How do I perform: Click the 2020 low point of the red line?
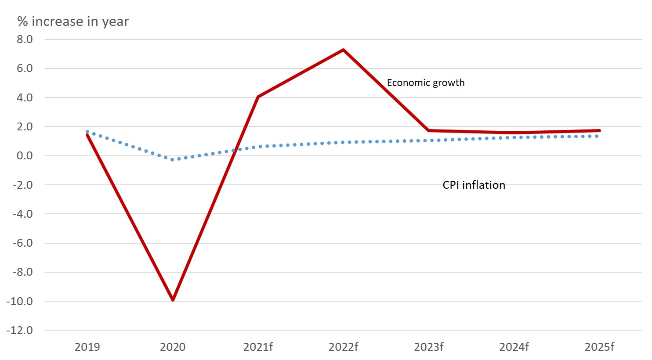click(173, 299)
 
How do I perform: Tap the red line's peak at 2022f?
click(343, 50)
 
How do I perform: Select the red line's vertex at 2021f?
click(258, 97)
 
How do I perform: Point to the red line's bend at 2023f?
click(428, 130)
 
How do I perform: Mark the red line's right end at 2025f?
click(599, 130)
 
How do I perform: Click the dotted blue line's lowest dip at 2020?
click(173, 159)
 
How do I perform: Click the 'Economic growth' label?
click(425, 83)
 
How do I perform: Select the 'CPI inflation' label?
click(474, 185)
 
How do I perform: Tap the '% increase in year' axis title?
click(73, 22)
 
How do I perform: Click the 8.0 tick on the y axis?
click(25, 40)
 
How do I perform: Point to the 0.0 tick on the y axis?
click(25, 156)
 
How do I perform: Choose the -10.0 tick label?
click(20, 301)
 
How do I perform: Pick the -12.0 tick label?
click(20, 330)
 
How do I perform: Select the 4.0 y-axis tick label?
click(25, 97)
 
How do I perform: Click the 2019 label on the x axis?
click(87, 347)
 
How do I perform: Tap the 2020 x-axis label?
click(173, 347)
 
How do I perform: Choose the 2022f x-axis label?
click(343, 347)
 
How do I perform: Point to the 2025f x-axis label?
click(599, 347)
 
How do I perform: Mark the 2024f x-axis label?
click(514, 347)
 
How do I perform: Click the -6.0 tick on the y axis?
click(22, 243)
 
